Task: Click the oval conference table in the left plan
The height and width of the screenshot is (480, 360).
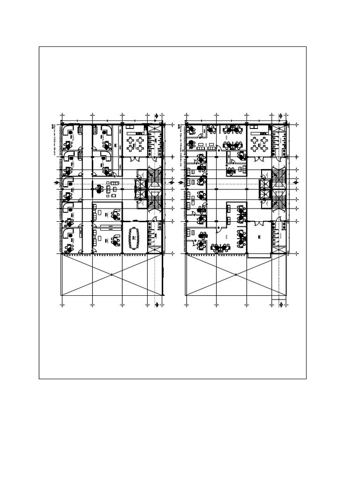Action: tap(135, 237)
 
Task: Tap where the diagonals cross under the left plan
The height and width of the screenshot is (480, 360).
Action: tap(112, 275)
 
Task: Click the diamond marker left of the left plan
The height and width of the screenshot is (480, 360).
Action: tap(56, 183)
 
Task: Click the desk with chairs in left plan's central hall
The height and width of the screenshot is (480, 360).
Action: tap(99, 189)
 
